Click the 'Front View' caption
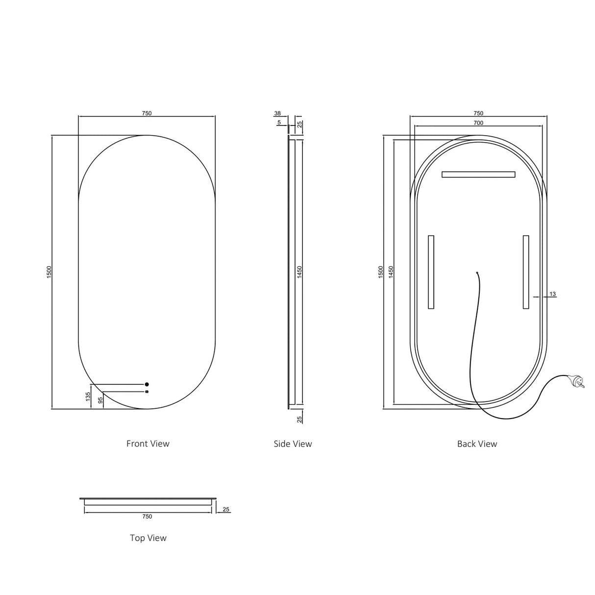coord(148,444)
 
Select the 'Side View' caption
coord(293,444)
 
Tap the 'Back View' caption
coord(477,444)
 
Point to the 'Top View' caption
coord(148,538)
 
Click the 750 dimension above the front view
coord(147,113)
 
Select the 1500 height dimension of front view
coord(49,272)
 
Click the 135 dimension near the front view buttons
coord(88,396)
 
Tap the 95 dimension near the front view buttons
coord(100,400)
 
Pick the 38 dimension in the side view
coord(277,113)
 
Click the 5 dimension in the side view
coord(279,123)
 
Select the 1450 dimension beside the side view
coord(299,272)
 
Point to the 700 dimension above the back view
coord(478,123)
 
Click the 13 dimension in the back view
coord(552,294)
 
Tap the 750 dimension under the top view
coord(147,516)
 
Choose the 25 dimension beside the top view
coord(226,510)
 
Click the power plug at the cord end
coord(579,380)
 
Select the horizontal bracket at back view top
coord(478,174)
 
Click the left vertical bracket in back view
coord(431,272)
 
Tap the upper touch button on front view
coord(147,384)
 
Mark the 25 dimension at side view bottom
coord(299,419)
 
